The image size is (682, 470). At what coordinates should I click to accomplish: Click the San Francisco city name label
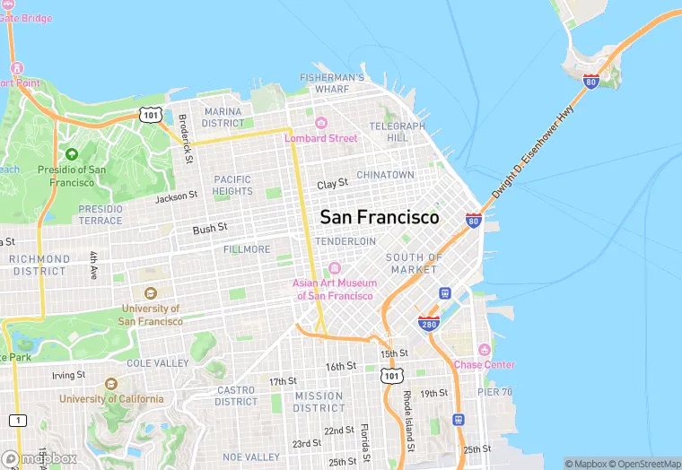[380, 217]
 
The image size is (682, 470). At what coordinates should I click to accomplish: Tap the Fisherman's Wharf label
[331, 83]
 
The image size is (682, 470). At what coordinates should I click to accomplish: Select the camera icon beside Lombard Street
[321, 123]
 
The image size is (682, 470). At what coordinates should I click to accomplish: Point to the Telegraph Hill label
[398, 132]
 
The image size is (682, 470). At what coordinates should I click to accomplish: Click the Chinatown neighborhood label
[385, 174]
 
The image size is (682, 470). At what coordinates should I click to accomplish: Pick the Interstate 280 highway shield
[428, 323]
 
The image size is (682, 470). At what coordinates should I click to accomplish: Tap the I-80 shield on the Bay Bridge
[591, 81]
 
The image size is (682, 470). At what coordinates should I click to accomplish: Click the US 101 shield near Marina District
[150, 114]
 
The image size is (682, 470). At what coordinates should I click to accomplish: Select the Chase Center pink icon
[485, 350]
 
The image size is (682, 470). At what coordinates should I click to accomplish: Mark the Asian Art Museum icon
[334, 268]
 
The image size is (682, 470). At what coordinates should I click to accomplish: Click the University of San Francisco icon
[150, 293]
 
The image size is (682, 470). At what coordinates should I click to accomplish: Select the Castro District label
[237, 396]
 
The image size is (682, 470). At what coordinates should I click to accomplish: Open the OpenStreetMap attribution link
[643, 463]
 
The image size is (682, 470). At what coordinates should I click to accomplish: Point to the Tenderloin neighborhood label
[345, 241]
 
